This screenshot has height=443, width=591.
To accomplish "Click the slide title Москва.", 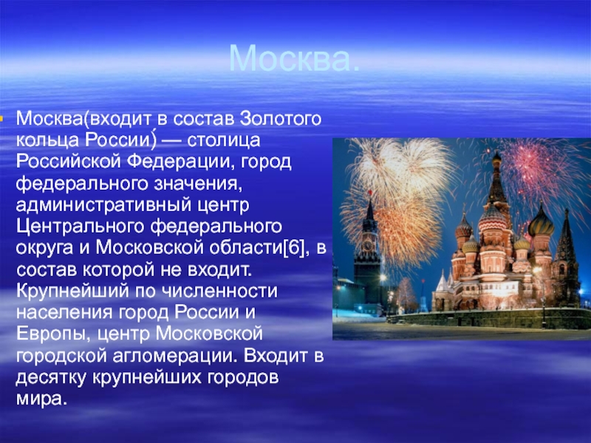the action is (x=294, y=58).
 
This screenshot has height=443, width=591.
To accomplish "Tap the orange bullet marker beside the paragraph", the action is (x=1, y=119).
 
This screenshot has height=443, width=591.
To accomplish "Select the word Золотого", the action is (x=281, y=119).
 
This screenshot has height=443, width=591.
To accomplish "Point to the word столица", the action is (x=224, y=140).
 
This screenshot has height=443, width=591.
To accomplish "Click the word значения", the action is (x=197, y=184).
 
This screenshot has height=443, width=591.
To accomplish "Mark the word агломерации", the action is (x=174, y=357).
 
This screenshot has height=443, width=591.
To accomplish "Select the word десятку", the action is (x=51, y=378).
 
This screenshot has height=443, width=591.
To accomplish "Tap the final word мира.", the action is (x=41, y=399).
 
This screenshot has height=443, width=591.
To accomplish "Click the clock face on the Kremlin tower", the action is (x=368, y=246).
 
